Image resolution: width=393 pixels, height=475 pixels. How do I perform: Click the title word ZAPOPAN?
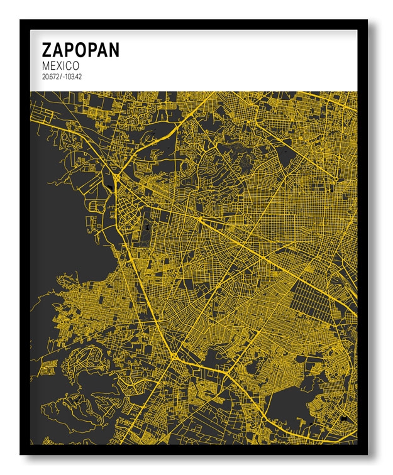(x=80, y=50)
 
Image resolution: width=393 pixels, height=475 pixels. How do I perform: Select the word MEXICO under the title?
(x=60, y=65)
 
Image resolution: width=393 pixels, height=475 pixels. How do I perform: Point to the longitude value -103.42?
(x=73, y=76)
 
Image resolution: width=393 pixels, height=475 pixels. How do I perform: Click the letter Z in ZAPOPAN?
(x=47, y=50)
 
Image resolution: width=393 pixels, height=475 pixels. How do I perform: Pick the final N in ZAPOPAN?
(x=113, y=50)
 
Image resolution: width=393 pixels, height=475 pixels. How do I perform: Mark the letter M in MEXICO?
(x=45, y=65)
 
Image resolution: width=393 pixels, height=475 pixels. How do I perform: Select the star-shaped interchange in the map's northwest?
(x=116, y=177)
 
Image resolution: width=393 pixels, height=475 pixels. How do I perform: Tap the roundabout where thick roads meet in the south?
(x=172, y=356)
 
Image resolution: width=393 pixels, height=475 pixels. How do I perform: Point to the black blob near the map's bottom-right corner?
(x=344, y=417)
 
